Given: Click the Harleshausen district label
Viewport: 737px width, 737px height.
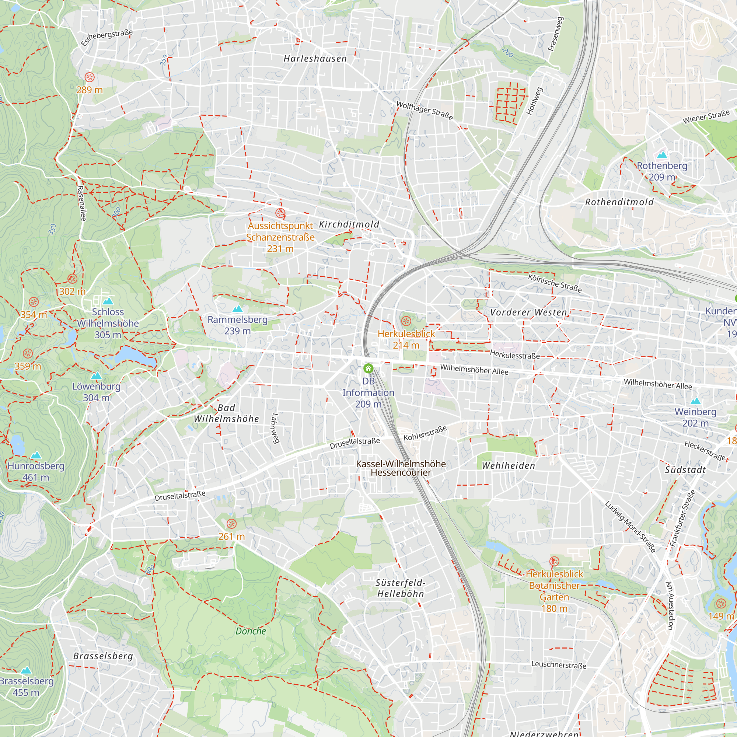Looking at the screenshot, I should coord(315,59).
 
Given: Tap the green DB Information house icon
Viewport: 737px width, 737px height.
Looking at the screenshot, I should coord(368,368).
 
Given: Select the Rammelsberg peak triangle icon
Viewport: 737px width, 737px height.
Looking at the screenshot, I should coord(238,308).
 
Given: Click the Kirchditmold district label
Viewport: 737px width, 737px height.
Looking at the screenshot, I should coord(349,224).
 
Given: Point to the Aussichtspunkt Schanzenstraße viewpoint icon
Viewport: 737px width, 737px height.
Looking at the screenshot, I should coord(280,213).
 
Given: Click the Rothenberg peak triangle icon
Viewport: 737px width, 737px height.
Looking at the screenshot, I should coord(662,155).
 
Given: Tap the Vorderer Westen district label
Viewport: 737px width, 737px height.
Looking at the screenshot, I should coord(529,312).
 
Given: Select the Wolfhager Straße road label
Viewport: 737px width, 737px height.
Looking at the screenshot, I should coord(425,110).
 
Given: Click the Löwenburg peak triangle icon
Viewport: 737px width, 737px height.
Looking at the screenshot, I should coord(97,376).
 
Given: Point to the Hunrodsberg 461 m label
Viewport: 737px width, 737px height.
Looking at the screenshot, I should coord(36,472).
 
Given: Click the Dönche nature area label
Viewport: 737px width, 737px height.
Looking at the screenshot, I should coord(251,631).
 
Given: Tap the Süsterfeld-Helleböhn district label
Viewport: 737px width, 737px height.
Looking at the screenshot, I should coord(401,588).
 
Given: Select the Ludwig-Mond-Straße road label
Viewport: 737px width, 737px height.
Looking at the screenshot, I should coord(631,527).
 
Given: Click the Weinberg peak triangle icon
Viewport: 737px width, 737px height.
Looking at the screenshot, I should coord(696,401).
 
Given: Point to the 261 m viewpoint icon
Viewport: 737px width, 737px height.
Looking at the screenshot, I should coord(231,523).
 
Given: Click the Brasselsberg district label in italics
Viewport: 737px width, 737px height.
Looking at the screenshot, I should coord(103,656).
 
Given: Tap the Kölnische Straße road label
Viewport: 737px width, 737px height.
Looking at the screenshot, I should coord(555,283).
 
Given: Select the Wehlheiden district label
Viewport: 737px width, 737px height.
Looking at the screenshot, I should coord(509,466).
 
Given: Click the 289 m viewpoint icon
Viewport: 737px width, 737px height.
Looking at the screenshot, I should coord(90,77).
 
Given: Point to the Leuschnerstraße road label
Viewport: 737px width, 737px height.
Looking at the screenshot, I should coord(559,664).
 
